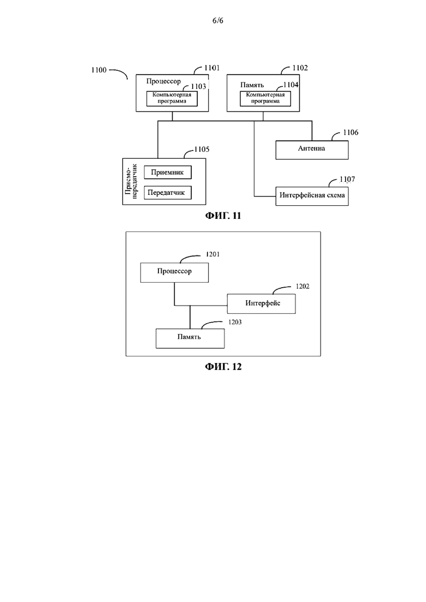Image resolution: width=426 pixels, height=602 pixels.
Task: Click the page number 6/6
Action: [x=218, y=20]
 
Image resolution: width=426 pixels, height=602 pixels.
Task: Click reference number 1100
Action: [x=99, y=70]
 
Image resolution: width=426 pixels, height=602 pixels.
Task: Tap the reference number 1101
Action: [x=212, y=68]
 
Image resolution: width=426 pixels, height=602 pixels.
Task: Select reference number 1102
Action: [x=300, y=68]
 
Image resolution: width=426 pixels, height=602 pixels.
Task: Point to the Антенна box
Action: [x=312, y=150]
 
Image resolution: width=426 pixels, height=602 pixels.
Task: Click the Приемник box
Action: [x=168, y=172]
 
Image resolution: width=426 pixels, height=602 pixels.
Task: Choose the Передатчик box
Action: [x=168, y=192]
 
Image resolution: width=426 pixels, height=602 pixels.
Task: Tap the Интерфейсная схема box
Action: [x=312, y=196]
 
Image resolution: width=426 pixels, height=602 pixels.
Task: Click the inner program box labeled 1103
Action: [x=172, y=98]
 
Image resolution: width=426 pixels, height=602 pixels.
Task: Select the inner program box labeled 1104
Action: [x=265, y=98]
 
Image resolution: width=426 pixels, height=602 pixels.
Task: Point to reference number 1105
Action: [x=202, y=150]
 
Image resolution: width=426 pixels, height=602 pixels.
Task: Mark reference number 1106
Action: [x=350, y=133]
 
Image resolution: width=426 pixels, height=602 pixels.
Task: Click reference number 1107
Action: [x=347, y=180]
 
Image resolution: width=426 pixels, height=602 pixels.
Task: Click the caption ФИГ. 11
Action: [x=223, y=216]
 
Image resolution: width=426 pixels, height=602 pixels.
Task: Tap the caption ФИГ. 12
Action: [x=223, y=367]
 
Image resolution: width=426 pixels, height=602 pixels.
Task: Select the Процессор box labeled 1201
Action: [x=174, y=272]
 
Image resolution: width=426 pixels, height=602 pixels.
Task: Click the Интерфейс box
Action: [x=261, y=303]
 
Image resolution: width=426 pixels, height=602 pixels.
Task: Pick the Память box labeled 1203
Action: [x=190, y=338]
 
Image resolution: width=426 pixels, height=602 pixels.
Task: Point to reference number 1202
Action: [x=303, y=287]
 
